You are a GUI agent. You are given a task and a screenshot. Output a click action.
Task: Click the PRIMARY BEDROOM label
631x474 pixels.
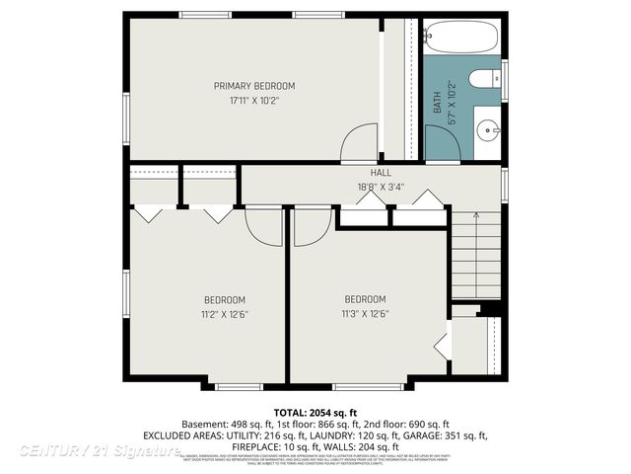click(x=254, y=86)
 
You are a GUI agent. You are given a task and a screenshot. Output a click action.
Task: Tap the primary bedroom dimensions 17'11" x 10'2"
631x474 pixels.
click(x=254, y=100)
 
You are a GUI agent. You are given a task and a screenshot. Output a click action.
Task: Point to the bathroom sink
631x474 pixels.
click(x=488, y=129)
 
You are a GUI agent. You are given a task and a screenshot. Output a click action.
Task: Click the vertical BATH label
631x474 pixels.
click(x=438, y=103)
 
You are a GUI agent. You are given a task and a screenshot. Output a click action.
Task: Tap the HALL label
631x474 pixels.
click(x=367, y=173)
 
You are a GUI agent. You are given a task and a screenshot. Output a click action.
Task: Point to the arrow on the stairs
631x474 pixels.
click(x=476, y=215)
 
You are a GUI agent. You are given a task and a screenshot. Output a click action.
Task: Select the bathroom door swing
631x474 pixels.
click(x=443, y=142)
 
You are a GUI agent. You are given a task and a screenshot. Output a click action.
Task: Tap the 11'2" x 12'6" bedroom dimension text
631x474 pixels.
click(x=225, y=314)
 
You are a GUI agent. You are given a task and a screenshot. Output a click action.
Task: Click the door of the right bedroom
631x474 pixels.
click(x=312, y=225)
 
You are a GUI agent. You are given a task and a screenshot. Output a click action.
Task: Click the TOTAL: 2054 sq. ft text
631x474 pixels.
click(x=315, y=411)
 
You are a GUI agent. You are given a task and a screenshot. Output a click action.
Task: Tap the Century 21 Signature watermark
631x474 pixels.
click(x=99, y=450)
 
